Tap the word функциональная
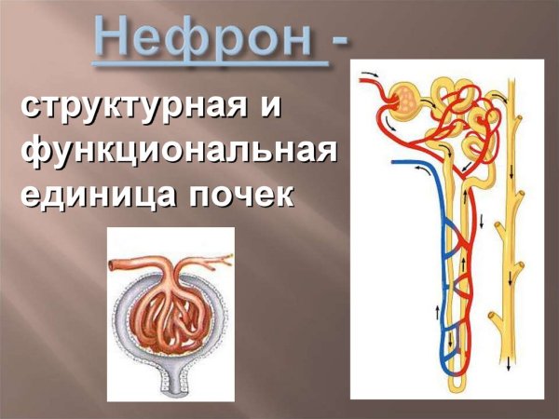177,152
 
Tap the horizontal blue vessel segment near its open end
410,162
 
